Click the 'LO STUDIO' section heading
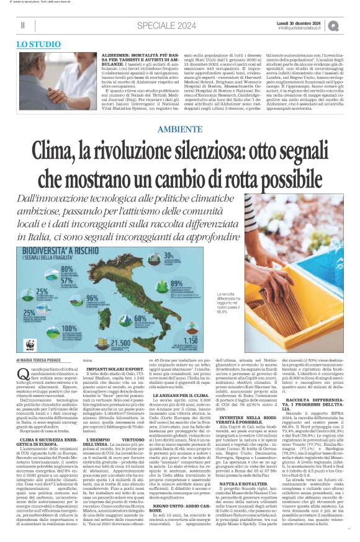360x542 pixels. point(38,45)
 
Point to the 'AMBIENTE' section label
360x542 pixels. point(179,129)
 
